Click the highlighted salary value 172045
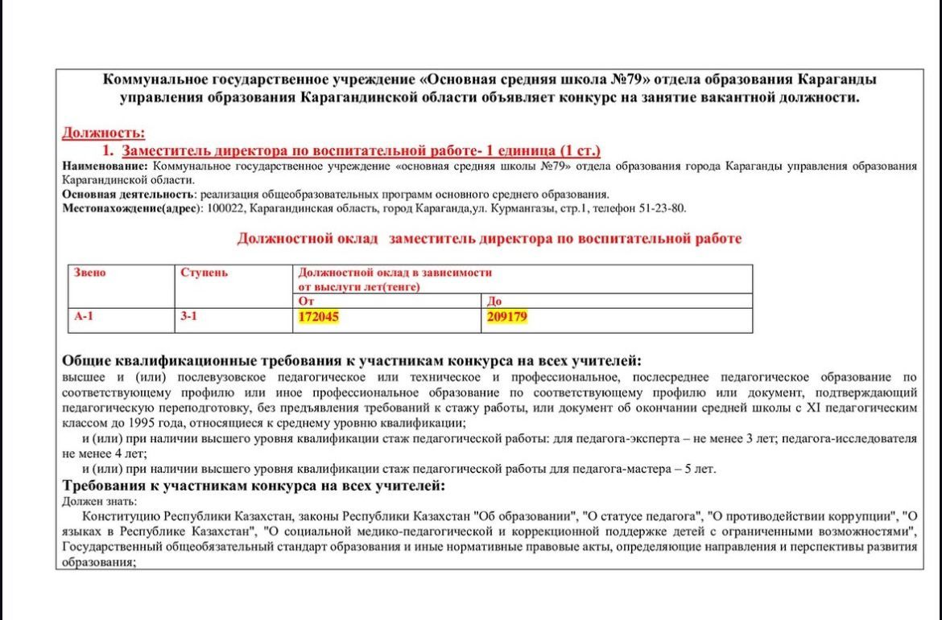pyautogui.click(x=318, y=317)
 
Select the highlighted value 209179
pyautogui.click(x=507, y=317)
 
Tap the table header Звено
pyautogui.click(x=90, y=273)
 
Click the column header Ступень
pyautogui.click(x=205, y=273)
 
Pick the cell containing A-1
pyautogui.click(x=85, y=317)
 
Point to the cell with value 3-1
pyautogui.click(x=189, y=317)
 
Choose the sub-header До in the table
pyautogui.click(x=494, y=302)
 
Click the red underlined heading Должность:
pyautogui.click(x=103, y=133)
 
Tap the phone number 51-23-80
pyautogui.click(x=663, y=209)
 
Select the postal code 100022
pyautogui.click(x=225, y=209)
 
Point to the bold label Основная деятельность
pyautogui.click(x=127, y=195)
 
